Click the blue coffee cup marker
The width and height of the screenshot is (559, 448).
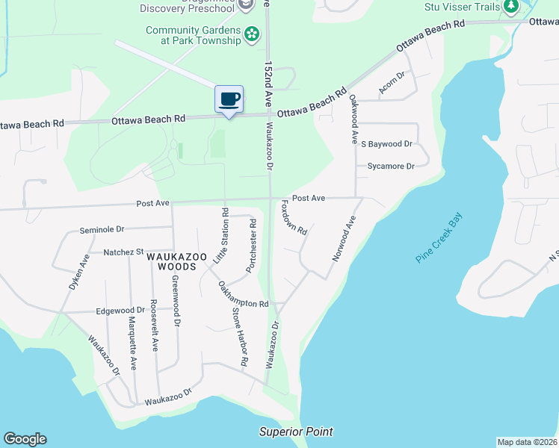(x=229, y=99)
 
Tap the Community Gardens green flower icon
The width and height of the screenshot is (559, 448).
(x=253, y=34)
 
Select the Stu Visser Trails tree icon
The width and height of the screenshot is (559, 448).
(x=511, y=7)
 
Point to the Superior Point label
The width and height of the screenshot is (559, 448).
(x=296, y=432)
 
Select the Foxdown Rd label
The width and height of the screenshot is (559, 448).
(x=294, y=217)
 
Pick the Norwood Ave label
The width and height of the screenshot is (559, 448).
(x=344, y=238)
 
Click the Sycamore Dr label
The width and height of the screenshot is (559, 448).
(x=390, y=167)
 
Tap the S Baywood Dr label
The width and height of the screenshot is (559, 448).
(x=386, y=143)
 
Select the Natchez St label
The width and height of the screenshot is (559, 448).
(x=123, y=252)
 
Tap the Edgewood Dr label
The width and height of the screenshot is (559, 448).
(x=120, y=310)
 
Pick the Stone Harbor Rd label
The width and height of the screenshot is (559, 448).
(x=239, y=337)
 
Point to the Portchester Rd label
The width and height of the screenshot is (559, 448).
(x=252, y=246)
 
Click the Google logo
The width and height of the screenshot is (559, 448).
(x=25, y=439)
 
